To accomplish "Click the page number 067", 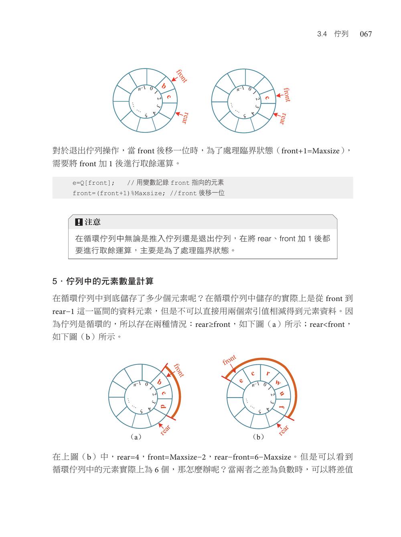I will [366, 34].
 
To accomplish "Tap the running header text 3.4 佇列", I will [332, 34].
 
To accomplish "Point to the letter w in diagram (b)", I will [277, 383].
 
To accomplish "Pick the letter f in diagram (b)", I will [282, 408].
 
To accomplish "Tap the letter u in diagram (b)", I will [282, 394].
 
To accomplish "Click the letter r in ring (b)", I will [267, 374].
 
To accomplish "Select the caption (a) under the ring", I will [136, 437].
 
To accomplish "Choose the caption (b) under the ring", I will [259, 437].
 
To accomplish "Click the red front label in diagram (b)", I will [229, 360].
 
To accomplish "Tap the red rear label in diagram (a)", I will [165, 430].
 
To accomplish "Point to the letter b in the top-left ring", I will [164, 86].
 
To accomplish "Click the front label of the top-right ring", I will [286, 95].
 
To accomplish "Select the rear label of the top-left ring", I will [184, 118].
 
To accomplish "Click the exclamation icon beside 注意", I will [79, 222].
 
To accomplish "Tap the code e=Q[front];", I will [93, 183].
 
